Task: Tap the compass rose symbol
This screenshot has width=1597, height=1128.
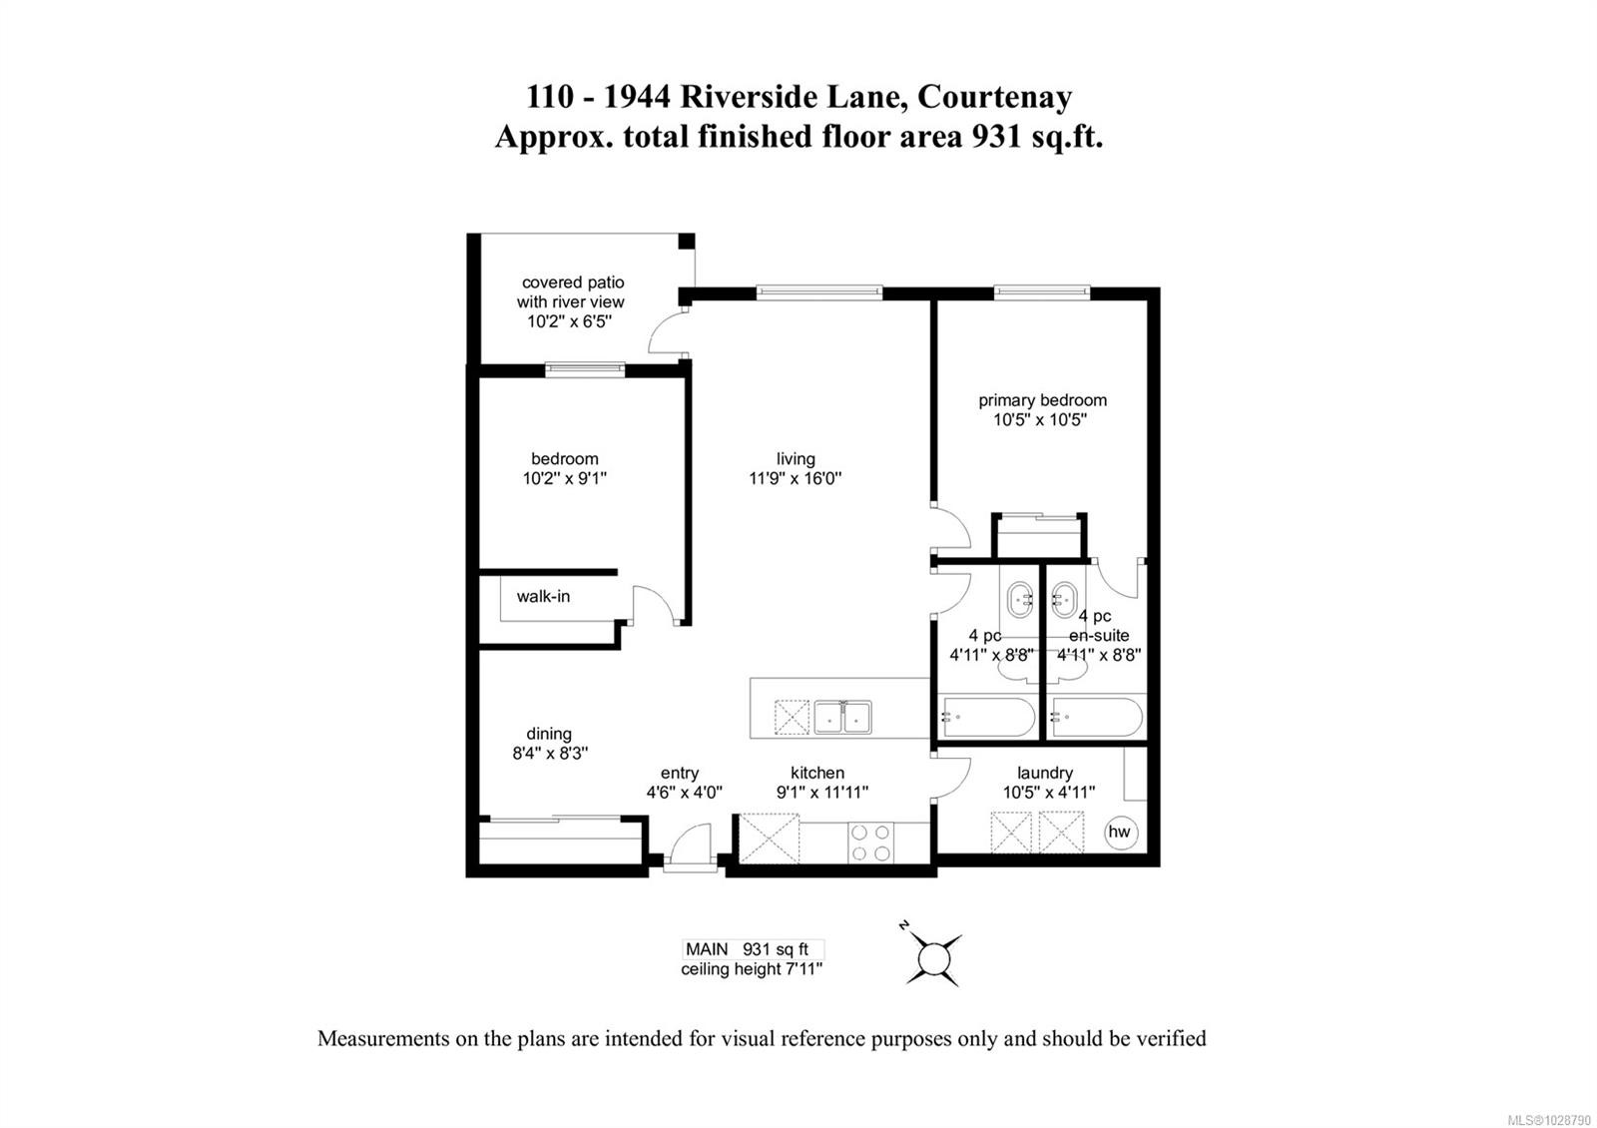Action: coord(933,957)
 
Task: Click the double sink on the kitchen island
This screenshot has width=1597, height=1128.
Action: coord(842,718)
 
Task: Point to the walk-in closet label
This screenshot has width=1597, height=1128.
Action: coord(543,596)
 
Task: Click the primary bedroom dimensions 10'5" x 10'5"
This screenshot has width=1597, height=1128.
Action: coord(1040,420)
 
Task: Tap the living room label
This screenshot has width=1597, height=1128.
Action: coord(796,458)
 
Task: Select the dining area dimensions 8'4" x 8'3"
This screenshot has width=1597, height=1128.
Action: coord(550,753)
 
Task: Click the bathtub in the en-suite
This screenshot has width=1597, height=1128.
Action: coord(1098,717)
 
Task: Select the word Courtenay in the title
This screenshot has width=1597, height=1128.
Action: coord(994,97)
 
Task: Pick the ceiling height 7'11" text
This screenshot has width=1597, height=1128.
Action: coord(752,969)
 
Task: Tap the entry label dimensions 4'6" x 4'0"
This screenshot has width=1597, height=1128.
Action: coord(685,793)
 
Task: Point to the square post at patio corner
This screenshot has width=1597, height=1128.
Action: coord(686,241)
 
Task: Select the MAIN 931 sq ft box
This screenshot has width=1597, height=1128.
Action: coord(753,949)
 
